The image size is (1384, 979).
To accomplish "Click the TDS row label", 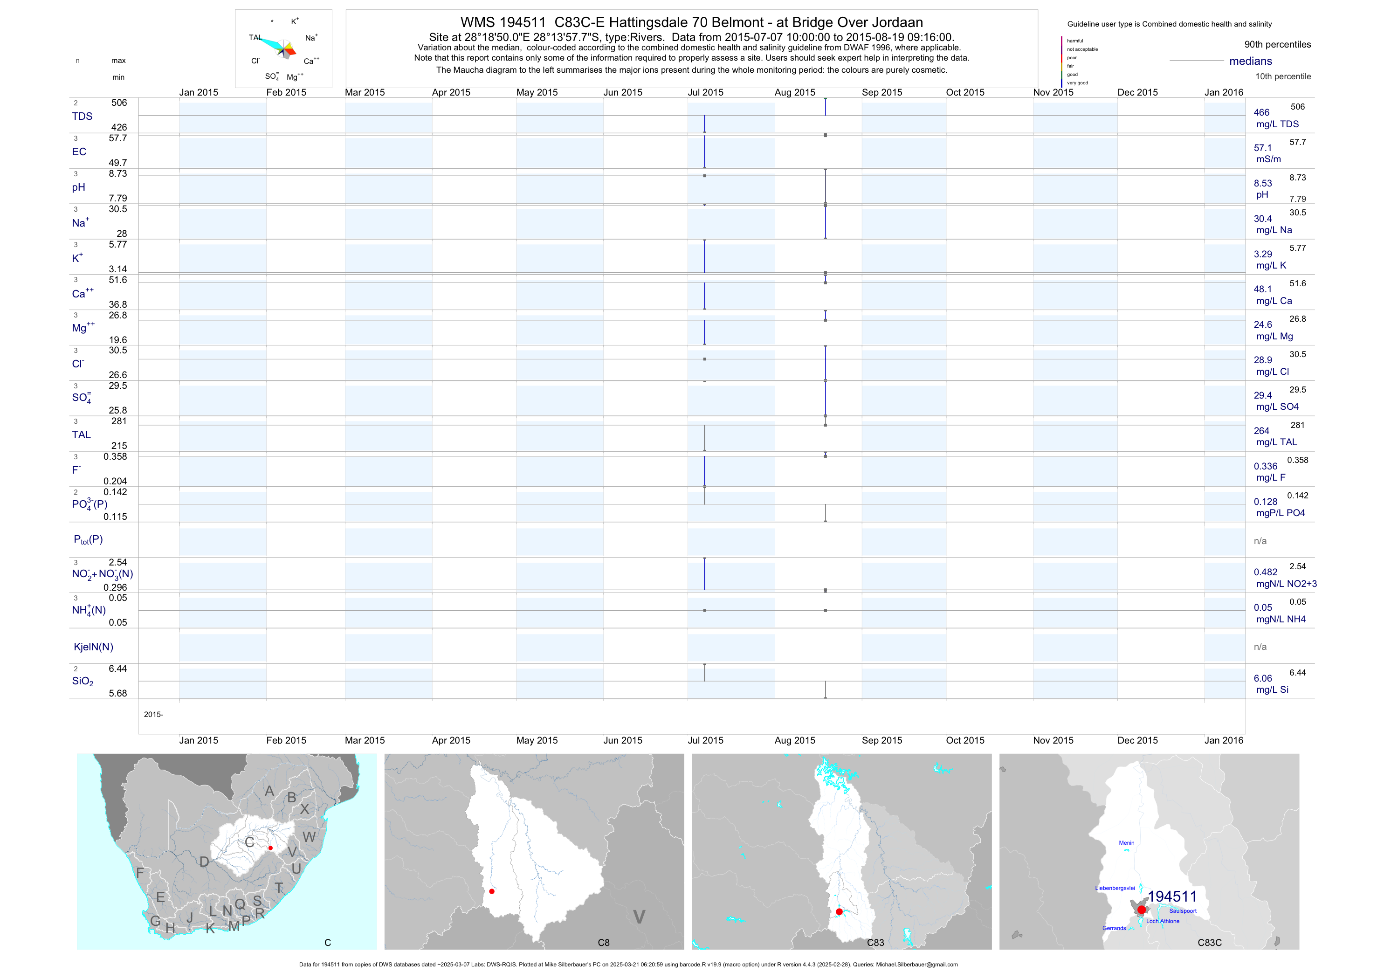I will (82, 117).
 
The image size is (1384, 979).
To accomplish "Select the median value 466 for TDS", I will (1261, 113).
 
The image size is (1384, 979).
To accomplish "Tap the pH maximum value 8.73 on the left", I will (117, 173).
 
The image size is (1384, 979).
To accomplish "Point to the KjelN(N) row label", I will (93, 647).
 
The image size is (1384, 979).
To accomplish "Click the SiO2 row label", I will (83, 681).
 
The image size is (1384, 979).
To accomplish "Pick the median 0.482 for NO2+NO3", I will (1265, 572).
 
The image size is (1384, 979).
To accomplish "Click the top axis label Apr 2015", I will (451, 92).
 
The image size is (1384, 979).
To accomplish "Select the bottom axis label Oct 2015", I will (964, 740).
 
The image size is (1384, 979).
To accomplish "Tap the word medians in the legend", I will (1250, 61).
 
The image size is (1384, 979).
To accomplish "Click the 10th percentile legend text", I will (1283, 76).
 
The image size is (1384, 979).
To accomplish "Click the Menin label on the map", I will (1126, 843).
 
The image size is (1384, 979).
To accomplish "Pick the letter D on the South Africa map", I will (204, 862).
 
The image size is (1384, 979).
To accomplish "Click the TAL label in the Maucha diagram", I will (255, 37).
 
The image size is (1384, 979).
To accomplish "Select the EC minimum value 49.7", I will (117, 163).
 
